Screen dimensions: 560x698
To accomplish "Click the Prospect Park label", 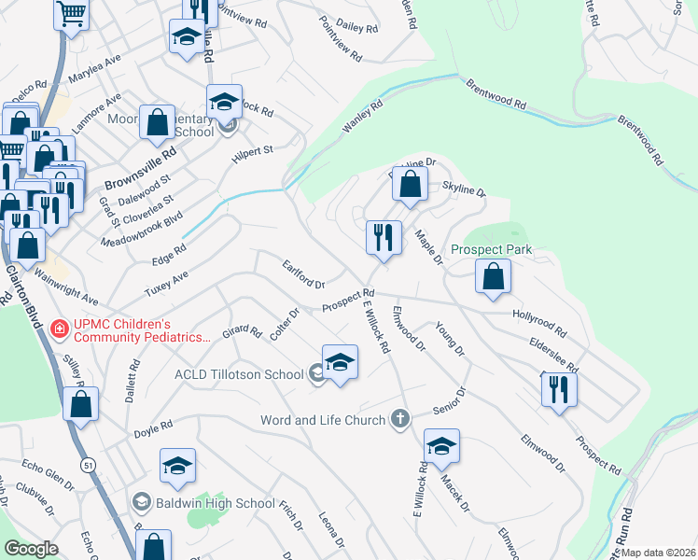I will tap(491, 249).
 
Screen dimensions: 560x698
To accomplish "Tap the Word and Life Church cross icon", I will tap(400, 419).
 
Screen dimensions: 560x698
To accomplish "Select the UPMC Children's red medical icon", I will tap(58, 328).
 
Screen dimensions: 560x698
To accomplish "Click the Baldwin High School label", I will tap(216, 503).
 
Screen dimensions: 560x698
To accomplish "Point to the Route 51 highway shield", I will tap(87, 464).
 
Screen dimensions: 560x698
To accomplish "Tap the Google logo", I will tap(32, 549).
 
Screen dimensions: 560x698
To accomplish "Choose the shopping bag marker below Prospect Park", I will tap(493, 276).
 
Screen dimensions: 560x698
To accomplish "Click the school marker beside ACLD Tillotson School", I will tap(341, 362).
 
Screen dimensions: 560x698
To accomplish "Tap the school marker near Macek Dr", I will tap(441, 446).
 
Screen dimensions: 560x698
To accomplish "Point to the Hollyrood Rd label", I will tap(539, 324).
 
